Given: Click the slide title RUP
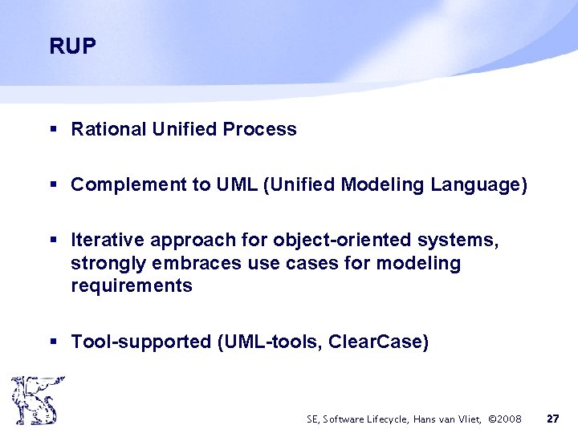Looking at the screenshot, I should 72,47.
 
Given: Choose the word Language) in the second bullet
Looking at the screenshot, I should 479,185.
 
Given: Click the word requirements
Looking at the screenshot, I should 132,286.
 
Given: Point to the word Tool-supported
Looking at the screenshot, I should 140,342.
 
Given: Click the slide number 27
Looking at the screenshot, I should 552,419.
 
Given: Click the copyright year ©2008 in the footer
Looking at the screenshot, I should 505,419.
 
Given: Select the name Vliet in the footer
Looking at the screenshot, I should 470,419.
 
